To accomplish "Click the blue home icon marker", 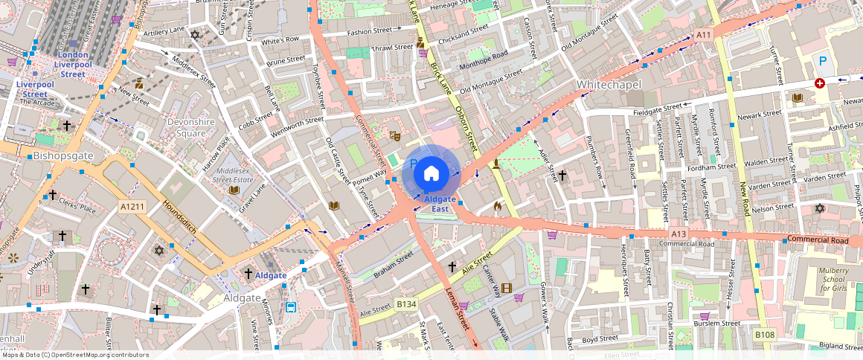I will tap(431, 173).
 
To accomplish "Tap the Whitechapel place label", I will tap(609, 85).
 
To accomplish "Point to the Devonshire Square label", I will tap(176, 127).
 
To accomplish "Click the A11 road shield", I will tap(704, 35).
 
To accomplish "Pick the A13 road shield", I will tap(678, 234).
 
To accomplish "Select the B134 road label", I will tap(405, 304).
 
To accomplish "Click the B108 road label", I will tap(765, 335).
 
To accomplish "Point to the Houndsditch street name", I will tap(178, 219).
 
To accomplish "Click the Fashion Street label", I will tap(368, 32).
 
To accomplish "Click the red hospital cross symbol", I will tap(820, 84).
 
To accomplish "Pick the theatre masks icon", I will tap(396, 136).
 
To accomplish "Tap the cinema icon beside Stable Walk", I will tap(507, 289).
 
